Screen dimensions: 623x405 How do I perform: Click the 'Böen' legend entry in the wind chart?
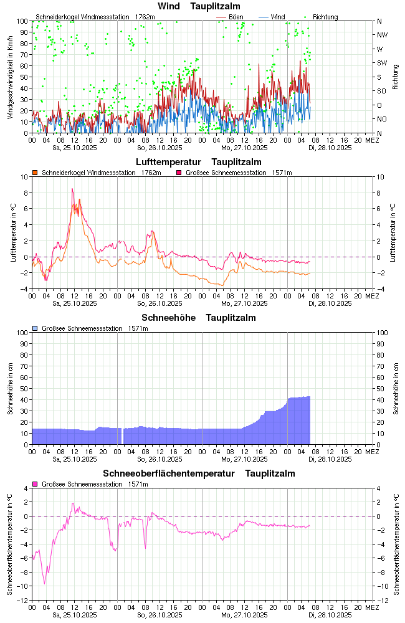(x=236, y=17)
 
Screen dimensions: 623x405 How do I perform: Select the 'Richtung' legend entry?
(x=325, y=17)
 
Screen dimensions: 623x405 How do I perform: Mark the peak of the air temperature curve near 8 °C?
(x=72, y=189)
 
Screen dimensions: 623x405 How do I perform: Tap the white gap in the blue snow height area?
(x=122, y=436)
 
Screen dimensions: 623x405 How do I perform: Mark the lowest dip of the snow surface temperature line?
(x=44, y=583)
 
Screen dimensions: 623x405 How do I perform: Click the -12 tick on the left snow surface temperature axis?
(x=24, y=600)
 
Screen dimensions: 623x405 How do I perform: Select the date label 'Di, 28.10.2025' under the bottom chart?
(x=330, y=615)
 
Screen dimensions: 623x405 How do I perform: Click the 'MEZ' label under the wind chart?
(x=372, y=140)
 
